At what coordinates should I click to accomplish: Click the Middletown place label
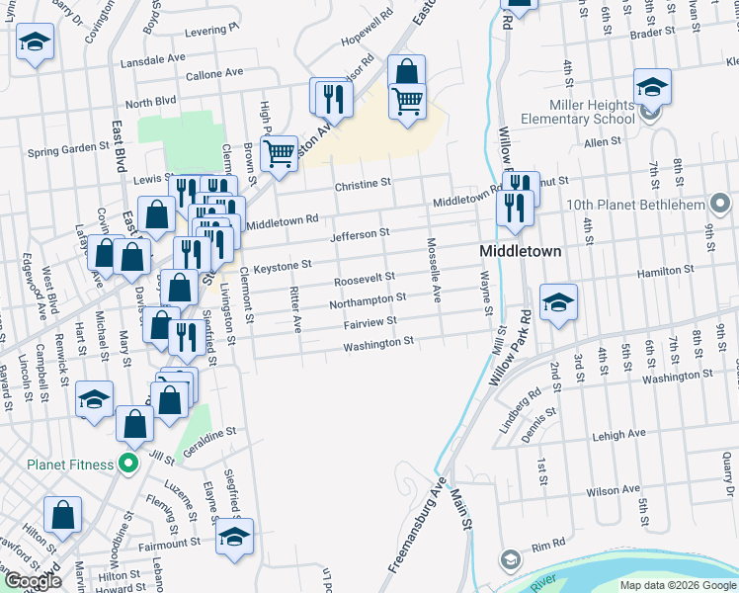pos(520,251)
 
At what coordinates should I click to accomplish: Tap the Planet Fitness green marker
pos(127,463)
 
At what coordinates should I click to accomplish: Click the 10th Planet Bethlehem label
pos(636,206)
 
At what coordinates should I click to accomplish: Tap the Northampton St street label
pos(368,298)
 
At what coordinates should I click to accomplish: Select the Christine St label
pos(363,184)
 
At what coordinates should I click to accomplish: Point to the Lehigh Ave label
pos(618,433)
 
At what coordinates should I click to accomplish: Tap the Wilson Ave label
pos(614,490)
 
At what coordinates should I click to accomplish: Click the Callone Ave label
pos(214,73)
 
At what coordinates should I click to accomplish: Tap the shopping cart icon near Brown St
pos(280,151)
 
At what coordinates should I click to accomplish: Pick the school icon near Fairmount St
pos(234,536)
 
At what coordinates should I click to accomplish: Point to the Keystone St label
pos(283,265)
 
